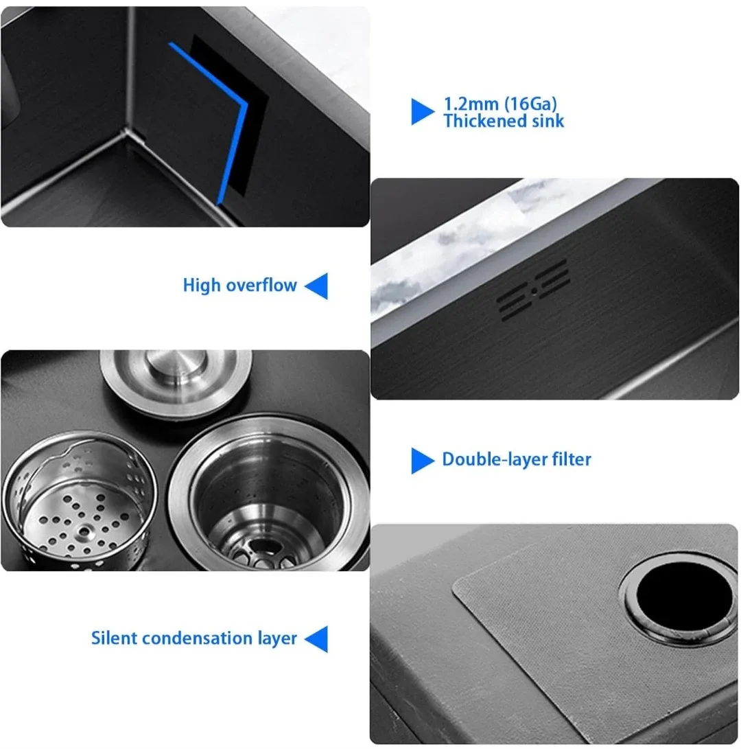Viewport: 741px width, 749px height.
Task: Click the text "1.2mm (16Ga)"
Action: [x=499, y=104]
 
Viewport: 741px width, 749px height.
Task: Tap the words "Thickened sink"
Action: [x=504, y=122]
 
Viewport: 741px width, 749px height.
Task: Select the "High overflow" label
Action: [x=239, y=285]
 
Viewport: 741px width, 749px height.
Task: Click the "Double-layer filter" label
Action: [x=516, y=459]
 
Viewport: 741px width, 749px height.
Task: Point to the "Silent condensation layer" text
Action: [x=194, y=638]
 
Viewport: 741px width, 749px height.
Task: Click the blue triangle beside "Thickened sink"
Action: [x=422, y=111]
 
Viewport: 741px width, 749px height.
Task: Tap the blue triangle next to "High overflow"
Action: [x=316, y=285]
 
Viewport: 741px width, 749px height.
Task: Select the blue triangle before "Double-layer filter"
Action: [x=422, y=460]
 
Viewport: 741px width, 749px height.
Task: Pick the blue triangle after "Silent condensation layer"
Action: [x=316, y=638]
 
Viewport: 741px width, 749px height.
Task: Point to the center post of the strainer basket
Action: [x=85, y=531]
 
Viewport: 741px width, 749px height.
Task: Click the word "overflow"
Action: [x=263, y=285]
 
